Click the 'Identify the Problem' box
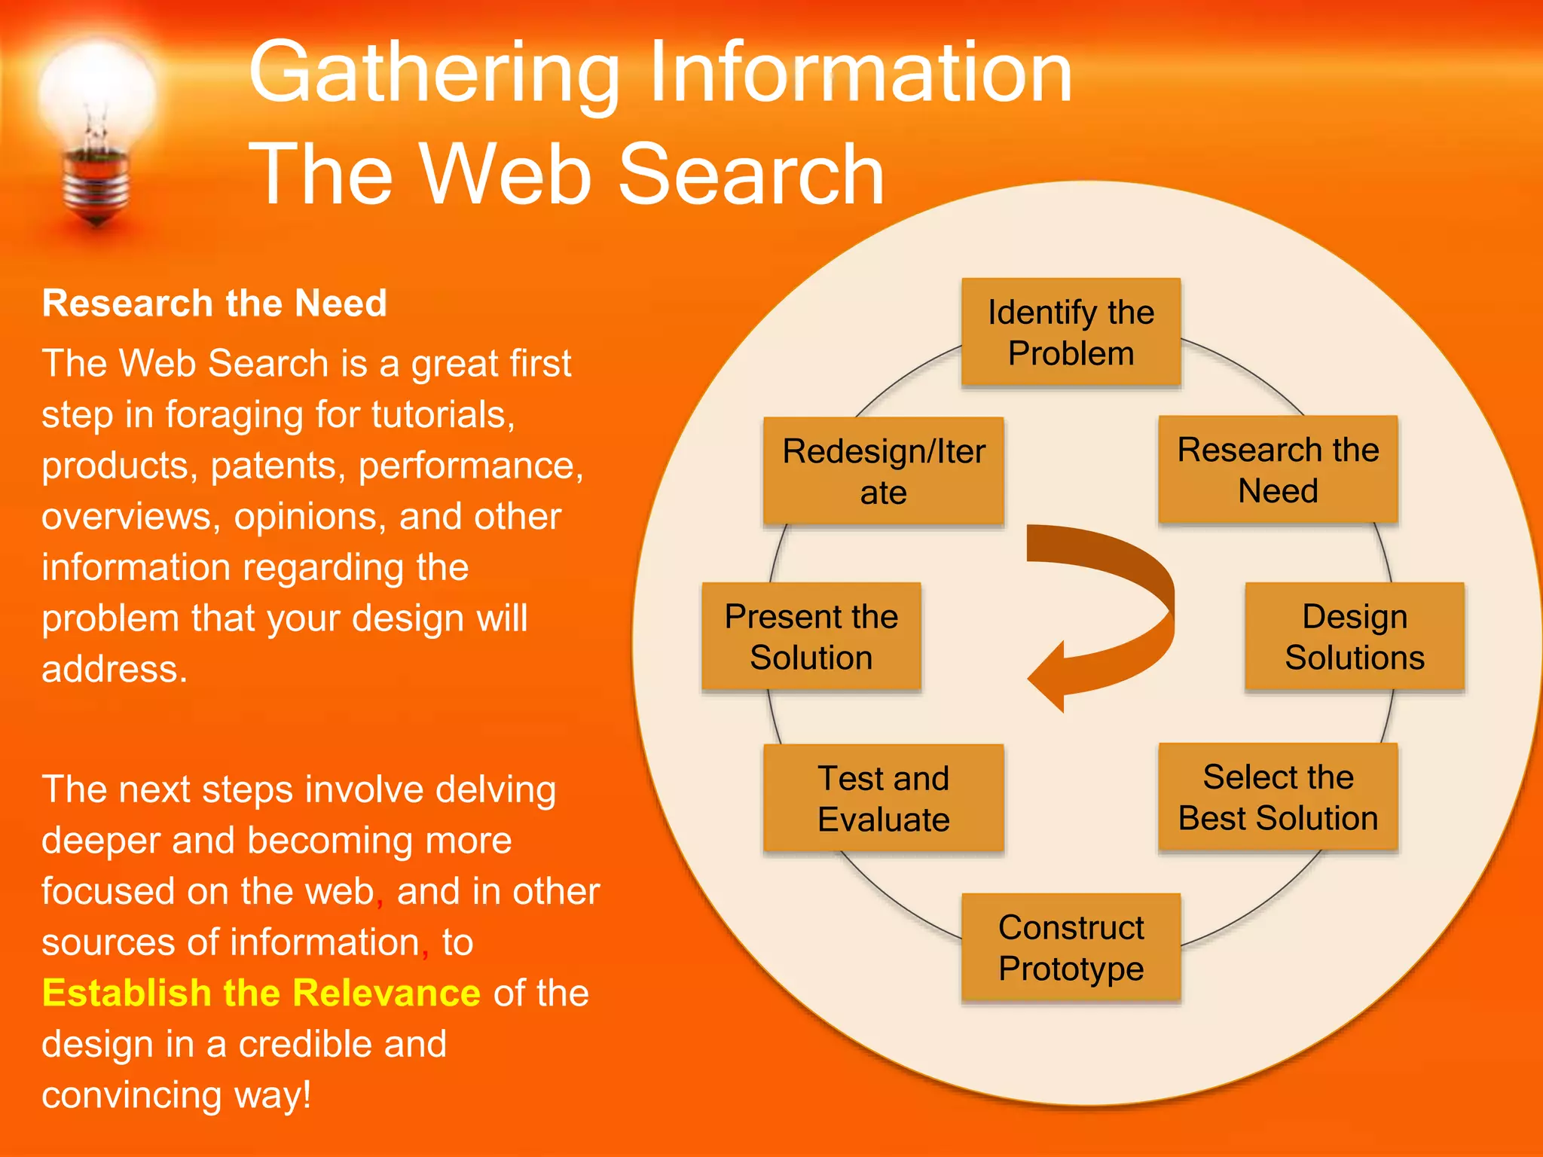(1071, 332)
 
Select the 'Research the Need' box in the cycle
(1278, 470)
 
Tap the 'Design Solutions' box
(1354, 637)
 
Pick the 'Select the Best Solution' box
(1278, 797)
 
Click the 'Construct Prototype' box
(1071, 948)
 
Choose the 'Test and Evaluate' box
(883, 798)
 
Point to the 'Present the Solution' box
(811, 637)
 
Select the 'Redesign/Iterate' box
(883, 472)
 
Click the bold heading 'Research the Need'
(215, 304)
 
